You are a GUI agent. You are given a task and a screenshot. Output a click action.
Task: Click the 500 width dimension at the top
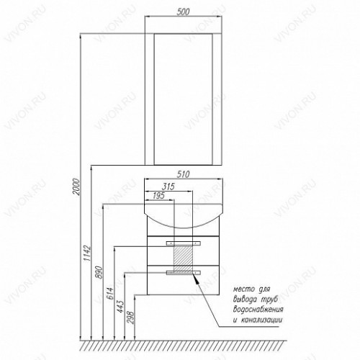point(183,12)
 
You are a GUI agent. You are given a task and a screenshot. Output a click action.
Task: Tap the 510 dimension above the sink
point(183,174)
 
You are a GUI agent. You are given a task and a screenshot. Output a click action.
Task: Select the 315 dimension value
point(168,186)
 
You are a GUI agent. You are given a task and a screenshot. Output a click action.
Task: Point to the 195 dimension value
point(158,196)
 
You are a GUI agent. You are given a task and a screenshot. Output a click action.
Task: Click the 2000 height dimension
point(76,186)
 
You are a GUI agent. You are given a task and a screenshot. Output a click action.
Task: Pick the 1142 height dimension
point(88,253)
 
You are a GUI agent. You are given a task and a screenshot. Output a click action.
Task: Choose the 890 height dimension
point(99,272)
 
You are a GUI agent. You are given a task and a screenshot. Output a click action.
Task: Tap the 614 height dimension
point(110,293)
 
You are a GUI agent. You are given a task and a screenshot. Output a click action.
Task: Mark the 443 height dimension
point(121,307)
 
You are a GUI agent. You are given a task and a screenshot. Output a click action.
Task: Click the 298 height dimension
point(131,318)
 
